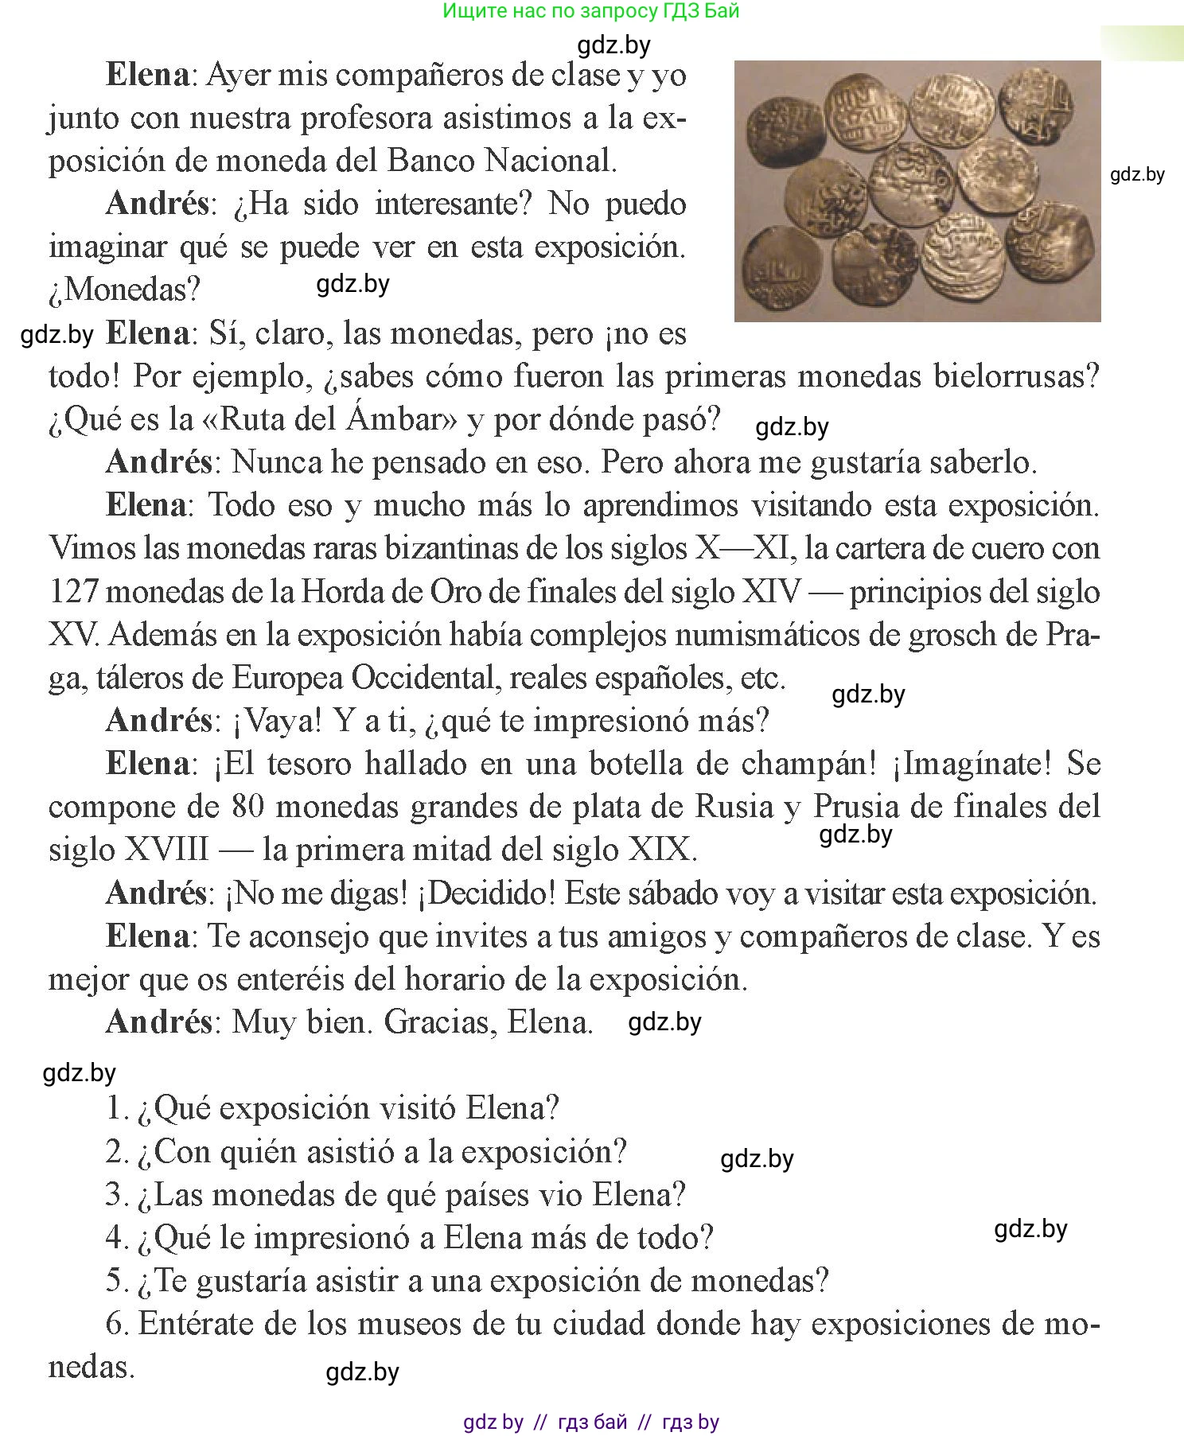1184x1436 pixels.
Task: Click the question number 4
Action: pos(116,1238)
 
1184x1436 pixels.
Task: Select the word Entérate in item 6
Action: pos(197,1325)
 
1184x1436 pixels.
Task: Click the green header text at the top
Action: pos(590,11)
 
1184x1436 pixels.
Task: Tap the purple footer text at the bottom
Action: pos(590,1422)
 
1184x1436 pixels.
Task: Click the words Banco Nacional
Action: pos(501,162)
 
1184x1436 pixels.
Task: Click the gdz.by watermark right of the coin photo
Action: pos(1137,175)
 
